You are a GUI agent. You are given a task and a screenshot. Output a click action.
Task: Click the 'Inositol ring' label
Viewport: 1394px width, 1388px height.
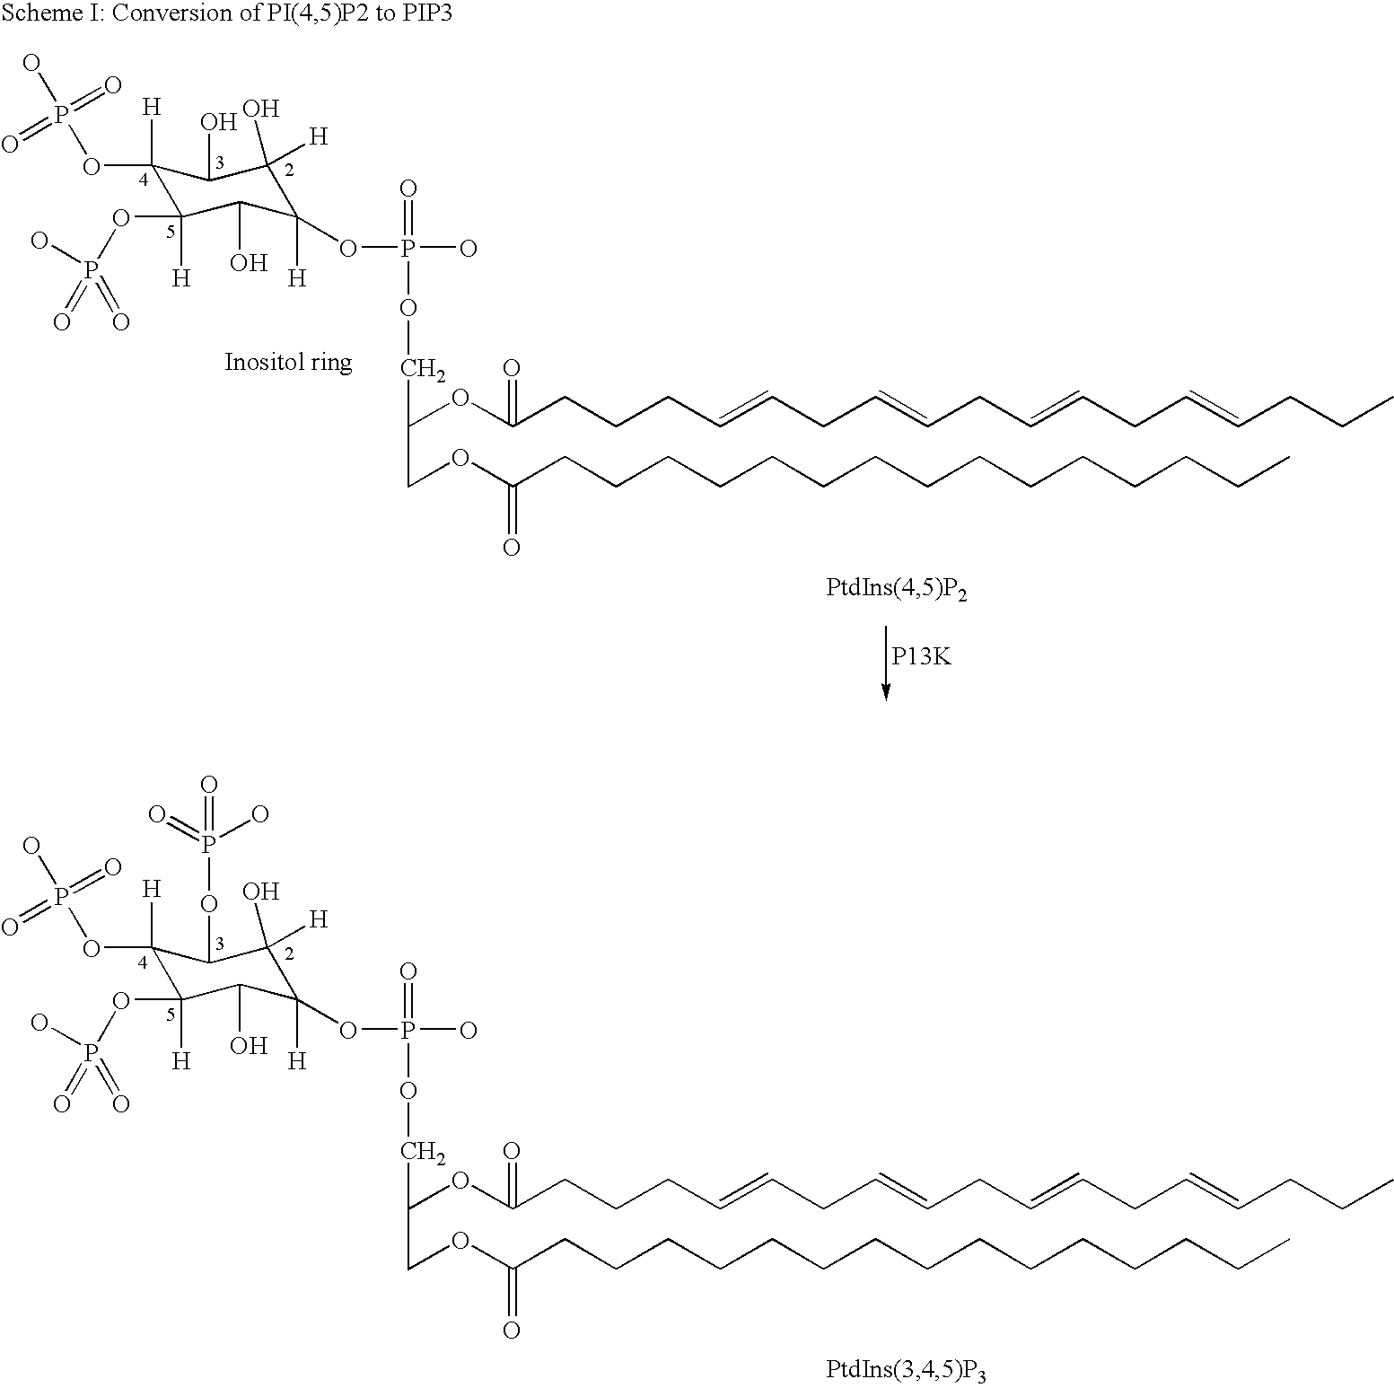coord(288,363)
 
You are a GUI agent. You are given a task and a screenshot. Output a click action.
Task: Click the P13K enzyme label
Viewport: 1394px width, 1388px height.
coord(921,656)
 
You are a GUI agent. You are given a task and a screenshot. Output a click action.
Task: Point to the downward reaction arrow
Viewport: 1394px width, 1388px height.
coord(886,663)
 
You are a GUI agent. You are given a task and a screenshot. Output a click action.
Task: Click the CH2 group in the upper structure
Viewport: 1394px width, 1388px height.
coord(423,368)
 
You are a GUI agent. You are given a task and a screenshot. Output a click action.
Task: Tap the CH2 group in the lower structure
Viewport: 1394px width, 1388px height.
coord(423,1151)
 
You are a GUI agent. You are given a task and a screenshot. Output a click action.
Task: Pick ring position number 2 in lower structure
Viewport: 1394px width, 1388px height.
coord(289,953)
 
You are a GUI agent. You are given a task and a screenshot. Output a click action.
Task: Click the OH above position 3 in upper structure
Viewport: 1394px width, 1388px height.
coord(218,122)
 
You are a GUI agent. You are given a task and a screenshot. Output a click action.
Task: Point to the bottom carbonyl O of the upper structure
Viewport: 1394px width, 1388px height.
coord(512,547)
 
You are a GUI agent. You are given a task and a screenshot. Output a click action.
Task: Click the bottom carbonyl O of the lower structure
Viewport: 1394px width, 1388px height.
coord(512,1330)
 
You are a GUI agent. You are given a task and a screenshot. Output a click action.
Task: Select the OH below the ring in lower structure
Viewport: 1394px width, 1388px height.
coord(249,1045)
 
